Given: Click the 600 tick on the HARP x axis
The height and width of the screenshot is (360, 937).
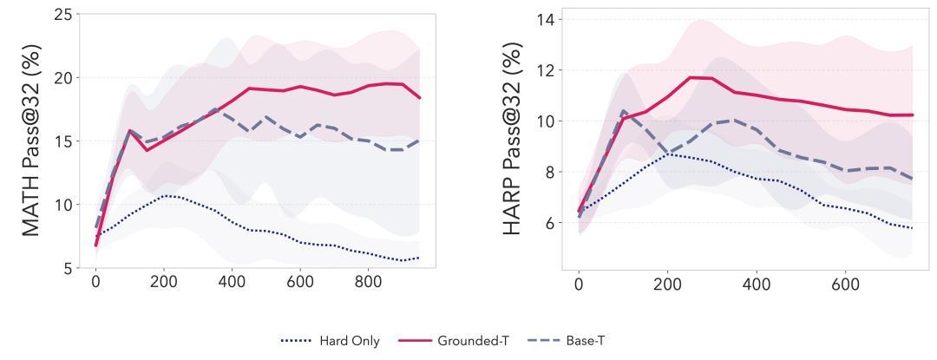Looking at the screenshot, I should [x=845, y=283].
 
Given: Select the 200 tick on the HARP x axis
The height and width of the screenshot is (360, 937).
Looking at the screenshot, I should [x=667, y=283].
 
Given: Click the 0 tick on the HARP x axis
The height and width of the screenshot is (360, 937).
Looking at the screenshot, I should [x=579, y=283].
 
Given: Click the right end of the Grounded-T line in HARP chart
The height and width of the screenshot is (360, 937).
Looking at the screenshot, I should [x=912, y=115].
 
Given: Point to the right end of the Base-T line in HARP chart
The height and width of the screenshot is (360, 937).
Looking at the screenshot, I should [x=912, y=179].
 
